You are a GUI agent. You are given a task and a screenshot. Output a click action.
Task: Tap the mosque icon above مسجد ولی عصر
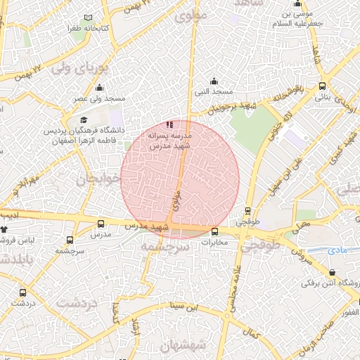point(99,88)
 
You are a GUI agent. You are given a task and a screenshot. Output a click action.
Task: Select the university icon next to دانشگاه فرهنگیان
point(84,120)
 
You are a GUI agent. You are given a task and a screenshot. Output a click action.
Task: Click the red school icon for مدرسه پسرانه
point(169,124)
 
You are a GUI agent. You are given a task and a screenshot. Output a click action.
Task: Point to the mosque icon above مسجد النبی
point(214,82)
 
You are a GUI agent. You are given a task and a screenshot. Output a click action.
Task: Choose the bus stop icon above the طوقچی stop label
point(247,210)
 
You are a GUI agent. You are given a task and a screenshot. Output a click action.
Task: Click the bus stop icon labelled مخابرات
point(215,232)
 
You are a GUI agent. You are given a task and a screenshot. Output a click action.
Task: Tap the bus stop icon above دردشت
point(24,291)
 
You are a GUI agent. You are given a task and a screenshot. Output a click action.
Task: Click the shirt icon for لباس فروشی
point(4,229)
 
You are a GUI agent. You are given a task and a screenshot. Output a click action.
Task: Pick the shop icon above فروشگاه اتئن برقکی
point(332,272)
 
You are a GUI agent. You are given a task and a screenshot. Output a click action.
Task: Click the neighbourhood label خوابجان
point(98,180)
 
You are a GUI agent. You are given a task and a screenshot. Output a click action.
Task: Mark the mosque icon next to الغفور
point(356,303)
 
